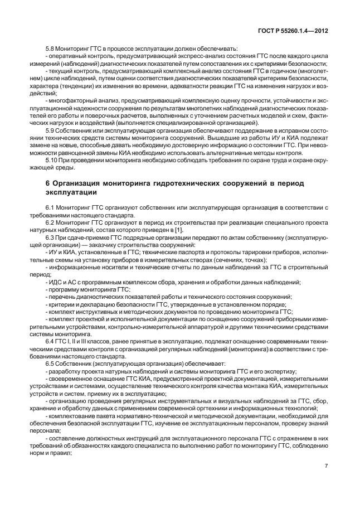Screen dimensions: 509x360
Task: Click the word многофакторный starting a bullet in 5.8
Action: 71,100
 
